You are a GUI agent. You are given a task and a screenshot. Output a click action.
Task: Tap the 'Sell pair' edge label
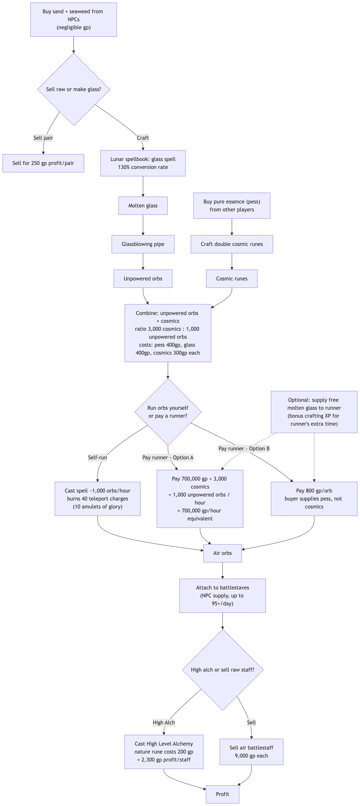[43, 138]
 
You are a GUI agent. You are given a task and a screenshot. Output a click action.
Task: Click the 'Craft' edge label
[143, 138]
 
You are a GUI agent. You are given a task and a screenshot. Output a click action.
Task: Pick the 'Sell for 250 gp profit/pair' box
[43, 163]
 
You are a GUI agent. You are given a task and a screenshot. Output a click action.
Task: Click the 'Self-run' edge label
[97, 458]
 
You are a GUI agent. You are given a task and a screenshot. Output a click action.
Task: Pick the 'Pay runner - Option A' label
[168, 458]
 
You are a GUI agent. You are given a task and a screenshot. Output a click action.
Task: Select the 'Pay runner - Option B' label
[244, 448]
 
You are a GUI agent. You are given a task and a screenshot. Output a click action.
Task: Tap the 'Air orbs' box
[223, 553]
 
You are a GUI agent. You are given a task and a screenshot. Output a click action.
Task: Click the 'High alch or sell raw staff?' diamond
[223, 670]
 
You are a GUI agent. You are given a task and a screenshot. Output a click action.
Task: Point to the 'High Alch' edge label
[164, 723]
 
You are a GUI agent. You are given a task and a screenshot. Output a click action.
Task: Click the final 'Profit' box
[223, 794]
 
